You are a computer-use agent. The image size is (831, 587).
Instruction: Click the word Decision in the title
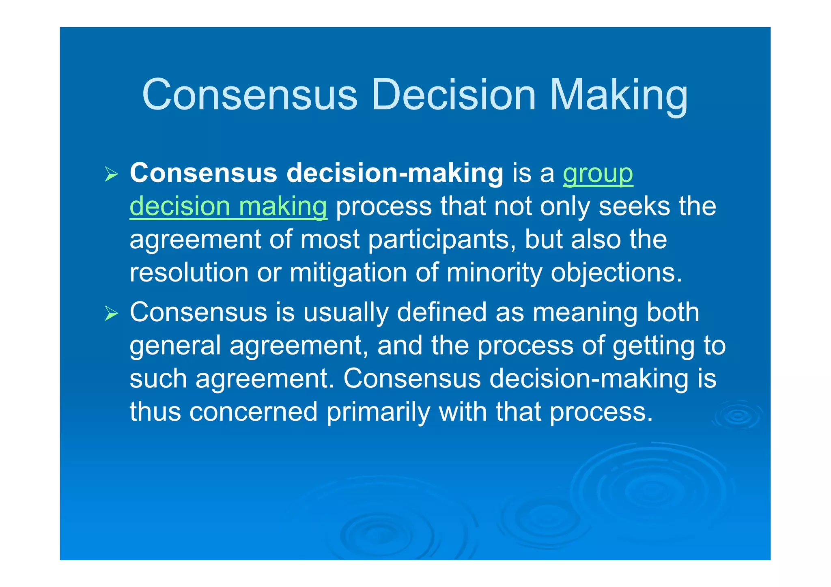click(454, 95)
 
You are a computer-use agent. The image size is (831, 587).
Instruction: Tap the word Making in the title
click(618, 96)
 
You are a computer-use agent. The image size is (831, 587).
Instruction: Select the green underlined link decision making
click(228, 206)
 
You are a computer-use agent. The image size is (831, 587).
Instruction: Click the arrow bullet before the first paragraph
click(111, 174)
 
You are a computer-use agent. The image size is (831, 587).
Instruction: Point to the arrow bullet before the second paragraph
click(111, 313)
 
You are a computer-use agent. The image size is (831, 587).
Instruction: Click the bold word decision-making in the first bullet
click(395, 174)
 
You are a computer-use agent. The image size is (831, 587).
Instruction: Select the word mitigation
click(348, 273)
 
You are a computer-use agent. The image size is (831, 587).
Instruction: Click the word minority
click(494, 273)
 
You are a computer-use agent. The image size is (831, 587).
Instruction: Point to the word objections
click(616, 273)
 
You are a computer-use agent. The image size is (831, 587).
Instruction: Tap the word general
click(175, 346)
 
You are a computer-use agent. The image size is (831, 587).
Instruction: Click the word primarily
click(378, 412)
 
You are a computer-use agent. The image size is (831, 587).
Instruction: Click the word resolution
click(189, 273)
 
